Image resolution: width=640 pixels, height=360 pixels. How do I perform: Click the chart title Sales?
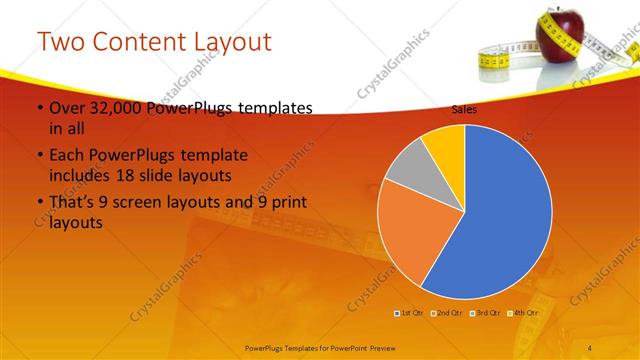[x=464, y=110]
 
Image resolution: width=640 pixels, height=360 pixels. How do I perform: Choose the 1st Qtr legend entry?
[x=411, y=313]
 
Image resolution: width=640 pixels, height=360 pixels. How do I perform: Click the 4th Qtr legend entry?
[x=523, y=313]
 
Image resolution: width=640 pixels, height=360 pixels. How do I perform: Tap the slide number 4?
[x=589, y=347]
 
